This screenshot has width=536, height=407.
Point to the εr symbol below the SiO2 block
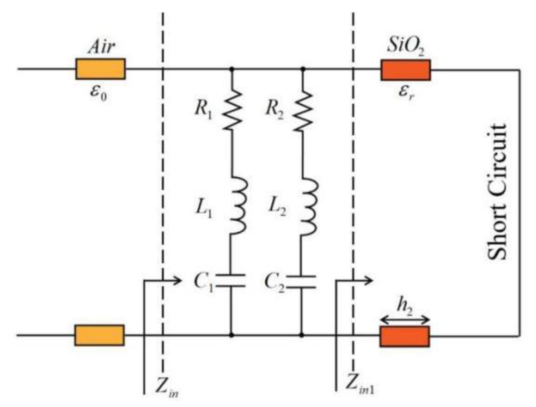[406, 93]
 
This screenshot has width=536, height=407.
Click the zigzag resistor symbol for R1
[232, 110]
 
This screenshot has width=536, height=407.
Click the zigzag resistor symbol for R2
[303, 111]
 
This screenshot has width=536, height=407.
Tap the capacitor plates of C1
[231, 281]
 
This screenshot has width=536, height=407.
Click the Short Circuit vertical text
[497, 192]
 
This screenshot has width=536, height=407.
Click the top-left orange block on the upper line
[100, 69]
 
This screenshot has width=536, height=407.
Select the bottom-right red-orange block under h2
[404, 336]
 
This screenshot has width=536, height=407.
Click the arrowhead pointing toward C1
[178, 281]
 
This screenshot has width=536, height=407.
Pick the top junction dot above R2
[303, 69]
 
